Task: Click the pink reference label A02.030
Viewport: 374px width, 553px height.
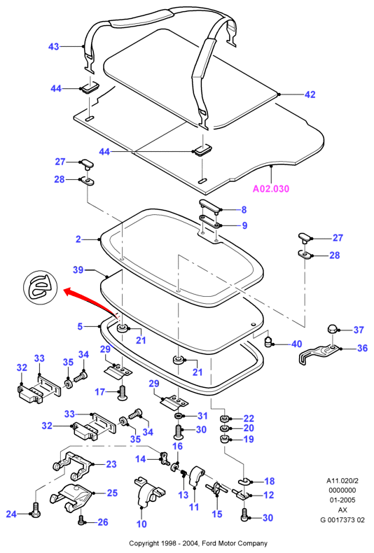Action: coord(271,189)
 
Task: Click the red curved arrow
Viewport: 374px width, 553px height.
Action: coord(88,298)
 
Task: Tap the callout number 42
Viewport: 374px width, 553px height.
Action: coord(310,94)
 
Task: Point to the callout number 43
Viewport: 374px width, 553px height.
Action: coord(53,47)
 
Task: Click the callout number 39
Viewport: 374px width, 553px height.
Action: coord(78,269)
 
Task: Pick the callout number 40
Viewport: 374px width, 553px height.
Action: coord(296,344)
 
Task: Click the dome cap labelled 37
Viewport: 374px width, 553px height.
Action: coord(333,329)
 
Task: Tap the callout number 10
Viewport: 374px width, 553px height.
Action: coord(141,524)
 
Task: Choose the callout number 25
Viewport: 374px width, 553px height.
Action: coord(112,493)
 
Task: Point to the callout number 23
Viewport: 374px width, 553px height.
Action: coord(111,464)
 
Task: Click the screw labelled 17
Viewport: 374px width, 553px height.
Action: coord(122,392)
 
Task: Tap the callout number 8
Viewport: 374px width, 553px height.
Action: coord(244,210)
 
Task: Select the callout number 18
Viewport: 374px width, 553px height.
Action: coord(270,481)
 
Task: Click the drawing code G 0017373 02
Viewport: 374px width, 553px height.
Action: coord(342,520)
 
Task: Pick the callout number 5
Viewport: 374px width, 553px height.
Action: coord(80,326)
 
